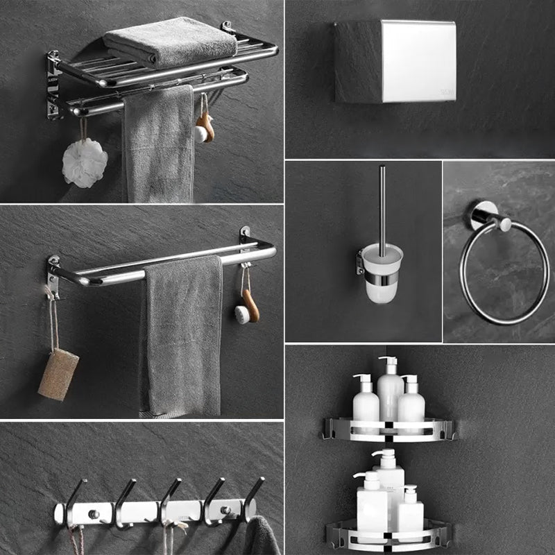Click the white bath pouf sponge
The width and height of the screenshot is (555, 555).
click(x=85, y=164)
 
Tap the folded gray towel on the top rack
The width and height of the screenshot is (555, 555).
click(x=171, y=40)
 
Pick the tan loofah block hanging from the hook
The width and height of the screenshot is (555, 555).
click(x=58, y=374)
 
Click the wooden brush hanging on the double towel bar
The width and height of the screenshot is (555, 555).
click(x=248, y=305)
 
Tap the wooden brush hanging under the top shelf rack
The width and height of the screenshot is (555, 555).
click(x=205, y=126)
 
